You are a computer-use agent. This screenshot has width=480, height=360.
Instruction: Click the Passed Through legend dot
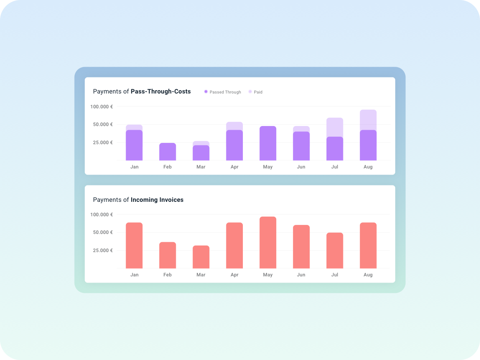pos(206,92)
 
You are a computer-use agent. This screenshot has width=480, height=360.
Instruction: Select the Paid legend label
pos(258,92)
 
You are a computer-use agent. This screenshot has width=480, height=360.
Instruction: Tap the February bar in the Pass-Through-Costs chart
pos(168,152)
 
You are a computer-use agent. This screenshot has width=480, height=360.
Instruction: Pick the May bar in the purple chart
pos(268,143)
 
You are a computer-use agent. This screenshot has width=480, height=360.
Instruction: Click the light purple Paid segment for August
pos(368,120)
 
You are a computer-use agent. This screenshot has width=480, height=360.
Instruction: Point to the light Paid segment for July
pos(335,127)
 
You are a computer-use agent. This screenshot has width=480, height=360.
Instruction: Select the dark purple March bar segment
pos(201,153)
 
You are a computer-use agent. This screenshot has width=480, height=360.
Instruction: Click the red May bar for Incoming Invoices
pos(268,243)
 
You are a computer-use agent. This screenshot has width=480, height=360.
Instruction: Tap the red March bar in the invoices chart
pos(201,257)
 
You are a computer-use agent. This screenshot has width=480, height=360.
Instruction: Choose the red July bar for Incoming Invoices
pos(335,250)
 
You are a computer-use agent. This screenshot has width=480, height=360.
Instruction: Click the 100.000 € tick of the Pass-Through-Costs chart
pos(102,107)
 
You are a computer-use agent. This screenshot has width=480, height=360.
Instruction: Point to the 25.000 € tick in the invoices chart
pos(102,250)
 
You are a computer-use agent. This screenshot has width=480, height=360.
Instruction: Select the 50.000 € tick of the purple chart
pos(102,124)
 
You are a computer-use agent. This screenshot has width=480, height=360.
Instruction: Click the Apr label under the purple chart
pos(234,167)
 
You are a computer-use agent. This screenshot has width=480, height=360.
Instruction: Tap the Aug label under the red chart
pos(368,275)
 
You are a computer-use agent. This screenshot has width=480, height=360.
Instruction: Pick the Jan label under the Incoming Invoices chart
pos(134,275)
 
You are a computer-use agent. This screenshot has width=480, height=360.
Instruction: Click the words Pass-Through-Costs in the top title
pos(161,91)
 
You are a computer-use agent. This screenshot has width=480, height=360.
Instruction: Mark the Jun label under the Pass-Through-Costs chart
pos(301,167)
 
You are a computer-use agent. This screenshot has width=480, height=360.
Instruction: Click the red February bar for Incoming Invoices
pos(168,255)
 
